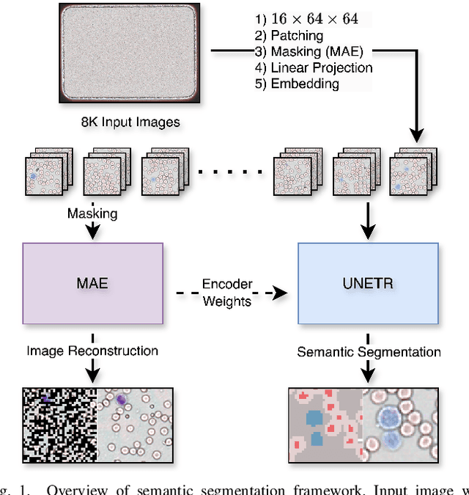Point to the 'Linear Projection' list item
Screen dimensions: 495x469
coord(330,67)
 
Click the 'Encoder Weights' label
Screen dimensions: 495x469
coord(227,292)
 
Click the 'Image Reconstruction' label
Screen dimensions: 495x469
coord(92,351)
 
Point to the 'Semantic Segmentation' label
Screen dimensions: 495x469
coord(369,352)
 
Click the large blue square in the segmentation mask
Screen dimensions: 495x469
coord(315,418)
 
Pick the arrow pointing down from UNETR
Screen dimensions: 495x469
coord(368,370)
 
